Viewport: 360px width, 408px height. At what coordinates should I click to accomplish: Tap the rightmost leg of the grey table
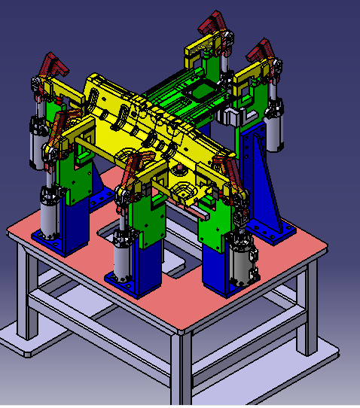tap(310, 309)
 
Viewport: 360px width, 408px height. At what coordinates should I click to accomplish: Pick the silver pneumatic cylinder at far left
tap(37, 143)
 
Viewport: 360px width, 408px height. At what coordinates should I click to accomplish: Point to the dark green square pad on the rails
tap(202, 92)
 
